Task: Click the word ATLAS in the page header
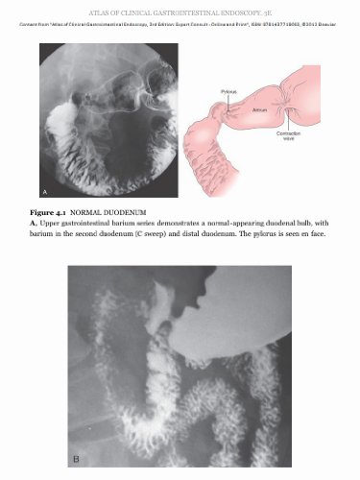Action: pyautogui.click(x=103, y=8)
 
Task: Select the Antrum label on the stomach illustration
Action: pyautogui.click(x=258, y=111)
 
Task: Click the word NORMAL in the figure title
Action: pyautogui.click(x=95, y=209)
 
